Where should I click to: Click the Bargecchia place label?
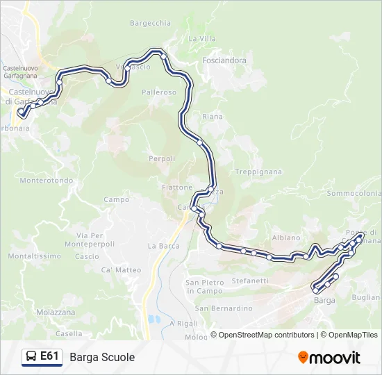(x=150, y=23)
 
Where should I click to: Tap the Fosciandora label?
(x=224, y=60)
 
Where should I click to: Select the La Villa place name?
(x=202, y=38)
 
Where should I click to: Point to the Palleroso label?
(x=158, y=92)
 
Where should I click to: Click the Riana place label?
(x=213, y=117)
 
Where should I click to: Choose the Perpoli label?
(x=162, y=158)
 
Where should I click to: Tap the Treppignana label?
(x=258, y=172)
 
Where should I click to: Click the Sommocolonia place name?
(x=354, y=193)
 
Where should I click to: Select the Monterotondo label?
(x=47, y=181)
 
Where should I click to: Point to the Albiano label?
(x=286, y=237)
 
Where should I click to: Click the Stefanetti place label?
(x=250, y=281)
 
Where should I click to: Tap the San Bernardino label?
(x=223, y=308)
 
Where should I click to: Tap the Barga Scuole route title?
(x=102, y=357)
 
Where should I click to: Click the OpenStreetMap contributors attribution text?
(x=267, y=335)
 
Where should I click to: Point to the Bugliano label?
(x=367, y=297)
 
